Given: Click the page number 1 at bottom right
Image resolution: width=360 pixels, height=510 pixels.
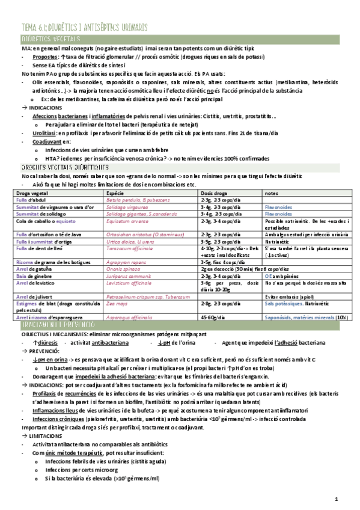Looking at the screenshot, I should pos(337,499).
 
